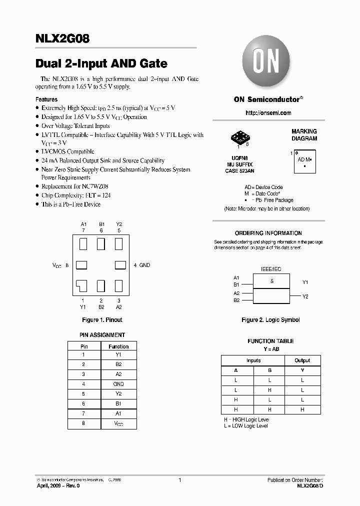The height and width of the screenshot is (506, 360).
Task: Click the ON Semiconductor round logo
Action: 267,63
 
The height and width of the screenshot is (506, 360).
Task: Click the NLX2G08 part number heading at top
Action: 62,39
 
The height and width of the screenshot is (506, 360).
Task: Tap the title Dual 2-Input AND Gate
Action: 101,64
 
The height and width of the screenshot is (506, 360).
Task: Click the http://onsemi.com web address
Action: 268,113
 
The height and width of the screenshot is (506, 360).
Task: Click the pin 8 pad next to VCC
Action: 81,265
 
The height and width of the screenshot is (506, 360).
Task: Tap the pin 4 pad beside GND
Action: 120,265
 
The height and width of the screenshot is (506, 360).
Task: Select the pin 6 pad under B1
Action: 101,244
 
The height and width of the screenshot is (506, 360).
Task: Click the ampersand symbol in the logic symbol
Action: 271,281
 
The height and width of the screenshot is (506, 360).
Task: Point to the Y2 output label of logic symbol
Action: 305,296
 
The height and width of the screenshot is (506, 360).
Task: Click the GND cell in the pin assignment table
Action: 118,384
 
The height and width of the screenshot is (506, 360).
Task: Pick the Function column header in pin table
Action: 118,346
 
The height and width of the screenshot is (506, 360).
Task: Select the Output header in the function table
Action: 302,360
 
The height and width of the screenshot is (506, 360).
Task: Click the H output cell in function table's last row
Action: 302,409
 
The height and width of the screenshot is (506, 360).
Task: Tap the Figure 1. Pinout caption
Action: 102,320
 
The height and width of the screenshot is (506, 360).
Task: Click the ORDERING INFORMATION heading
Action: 268,233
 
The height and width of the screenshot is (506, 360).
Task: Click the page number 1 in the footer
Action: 179,480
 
